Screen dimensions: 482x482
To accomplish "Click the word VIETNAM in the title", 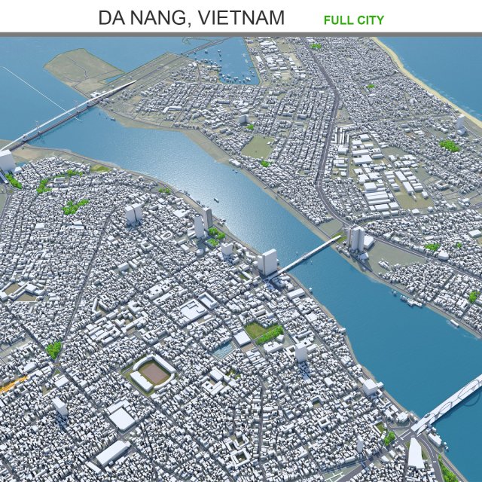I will [240, 17].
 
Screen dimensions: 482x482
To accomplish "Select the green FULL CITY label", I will [354, 20].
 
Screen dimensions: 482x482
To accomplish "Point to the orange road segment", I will [13, 384].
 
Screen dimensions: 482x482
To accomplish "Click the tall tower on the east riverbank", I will [355, 238].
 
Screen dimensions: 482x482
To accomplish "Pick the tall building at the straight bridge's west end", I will [267, 262].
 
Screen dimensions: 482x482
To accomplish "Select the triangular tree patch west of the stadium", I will [53, 349].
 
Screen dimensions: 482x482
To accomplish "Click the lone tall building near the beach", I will [459, 121].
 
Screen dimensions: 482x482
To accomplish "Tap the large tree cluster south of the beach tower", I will [450, 145].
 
